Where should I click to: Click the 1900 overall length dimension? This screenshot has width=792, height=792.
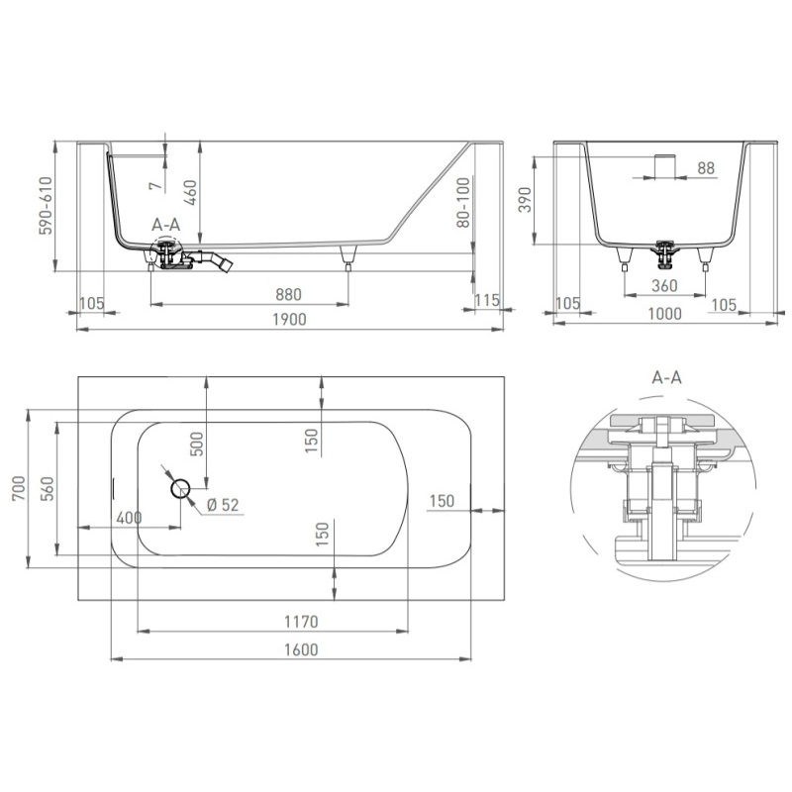coord(289,319)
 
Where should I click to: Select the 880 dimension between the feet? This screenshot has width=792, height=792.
coord(288,294)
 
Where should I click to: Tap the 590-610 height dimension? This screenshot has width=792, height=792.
coord(46,206)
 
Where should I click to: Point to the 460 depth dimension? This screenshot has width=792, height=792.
coord(190,192)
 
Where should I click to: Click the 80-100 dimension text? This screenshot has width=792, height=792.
coord(462,202)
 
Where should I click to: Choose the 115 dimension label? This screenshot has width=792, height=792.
coord(487,301)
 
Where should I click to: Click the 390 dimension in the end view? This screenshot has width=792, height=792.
coord(526,200)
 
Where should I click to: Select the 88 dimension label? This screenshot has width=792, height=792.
coord(706,168)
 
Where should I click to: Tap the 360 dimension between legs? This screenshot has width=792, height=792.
coord(664,286)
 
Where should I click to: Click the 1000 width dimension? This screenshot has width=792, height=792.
coord(664,314)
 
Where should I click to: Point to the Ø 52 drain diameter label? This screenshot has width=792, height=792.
coord(223,505)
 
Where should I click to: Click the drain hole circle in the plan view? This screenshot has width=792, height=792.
coord(180,489)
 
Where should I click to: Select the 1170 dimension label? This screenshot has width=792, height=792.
coord(301,622)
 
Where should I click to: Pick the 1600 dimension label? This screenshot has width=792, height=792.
coord(301,649)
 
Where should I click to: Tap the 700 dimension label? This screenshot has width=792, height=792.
coord(19,488)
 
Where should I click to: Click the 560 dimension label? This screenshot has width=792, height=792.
coord(47,488)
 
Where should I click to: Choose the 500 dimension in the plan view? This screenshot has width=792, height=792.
coord(196,444)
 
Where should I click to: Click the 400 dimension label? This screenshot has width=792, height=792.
coord(129,518)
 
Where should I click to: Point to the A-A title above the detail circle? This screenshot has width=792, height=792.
coord(666,377)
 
